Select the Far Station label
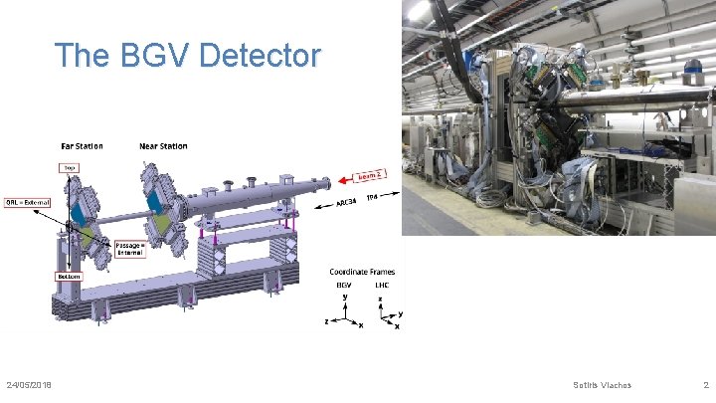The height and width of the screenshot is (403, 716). tap(82, 146)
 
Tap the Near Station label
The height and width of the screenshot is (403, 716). tap(163, 146)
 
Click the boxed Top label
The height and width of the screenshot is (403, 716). tap(70, 168)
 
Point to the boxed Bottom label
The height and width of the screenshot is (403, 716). tap(68, 276)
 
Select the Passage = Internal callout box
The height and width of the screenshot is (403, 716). tap(129, 249)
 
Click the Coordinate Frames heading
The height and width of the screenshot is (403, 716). tap(362, 272)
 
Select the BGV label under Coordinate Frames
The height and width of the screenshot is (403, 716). tap(344, 285)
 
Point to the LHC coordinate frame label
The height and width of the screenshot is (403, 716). tap(382, 285)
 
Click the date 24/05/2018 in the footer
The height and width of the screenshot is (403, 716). tap(30, 385)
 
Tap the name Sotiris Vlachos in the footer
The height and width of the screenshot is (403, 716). tap(603, 385)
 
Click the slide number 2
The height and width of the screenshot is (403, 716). tap(704, 385)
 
